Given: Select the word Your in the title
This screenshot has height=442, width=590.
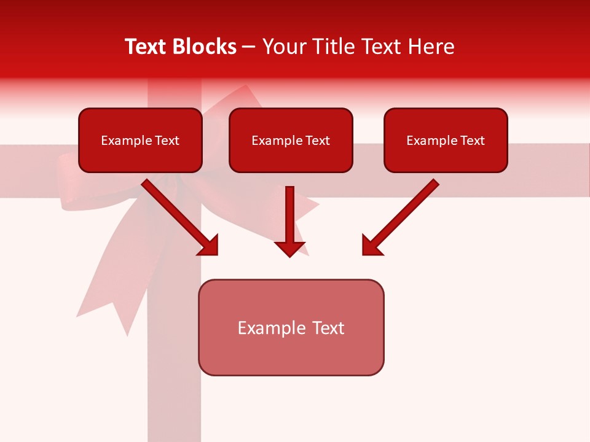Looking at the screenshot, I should coord(282,47).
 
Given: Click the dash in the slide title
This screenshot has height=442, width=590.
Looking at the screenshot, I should coord(249,47).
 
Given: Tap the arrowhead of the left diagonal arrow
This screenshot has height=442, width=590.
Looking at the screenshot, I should coord(209,245).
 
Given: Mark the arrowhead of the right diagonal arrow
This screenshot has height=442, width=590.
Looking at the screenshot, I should coord(371,245).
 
